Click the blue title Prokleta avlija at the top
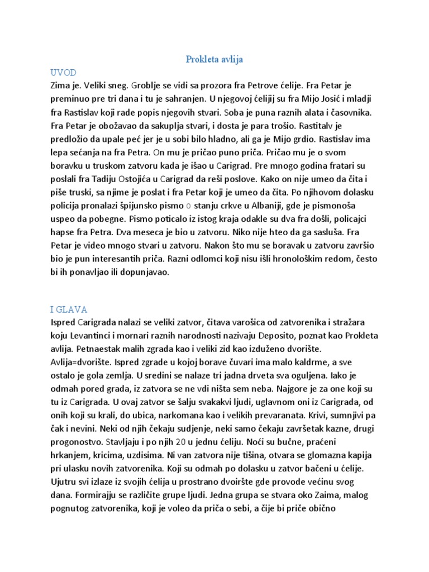(x=214, y=59)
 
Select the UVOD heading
(x=63, y=73)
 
